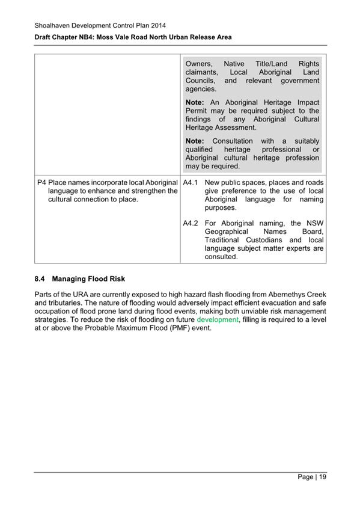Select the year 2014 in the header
(156, 25)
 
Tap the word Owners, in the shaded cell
(200, 64)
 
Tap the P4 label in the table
(41, 182)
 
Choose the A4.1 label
(191, 182)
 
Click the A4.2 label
(191, 223)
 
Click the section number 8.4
(40, 279)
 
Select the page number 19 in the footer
(322, 476)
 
